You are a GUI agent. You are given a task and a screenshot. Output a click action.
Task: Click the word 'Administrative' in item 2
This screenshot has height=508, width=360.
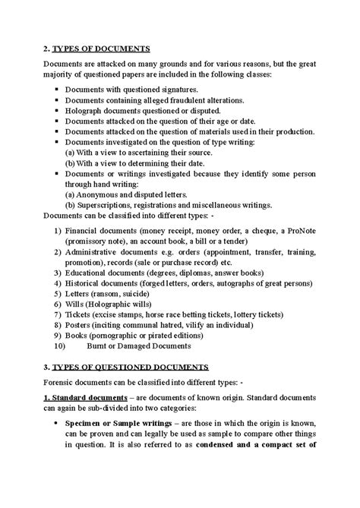(95, 250)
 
